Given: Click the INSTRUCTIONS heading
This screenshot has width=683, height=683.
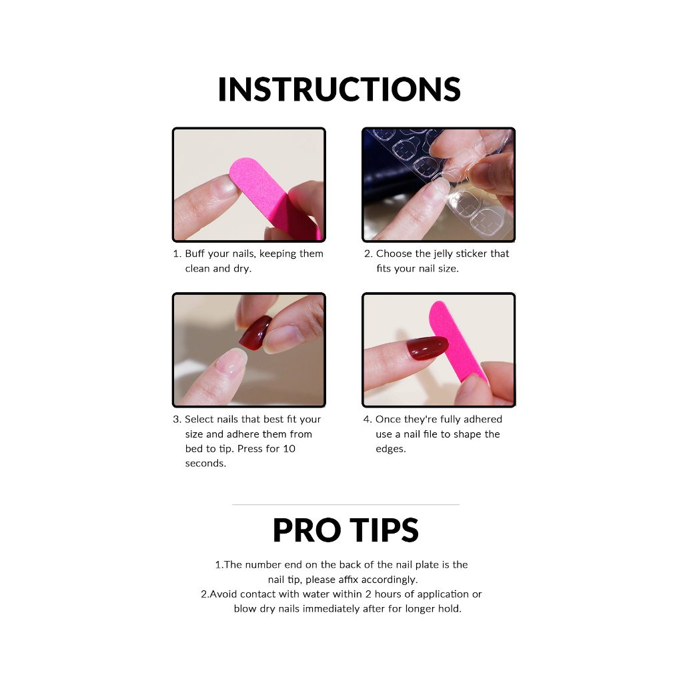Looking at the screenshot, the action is tap(339, 90).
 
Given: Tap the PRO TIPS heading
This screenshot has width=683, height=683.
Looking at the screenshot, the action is tap(346, 530).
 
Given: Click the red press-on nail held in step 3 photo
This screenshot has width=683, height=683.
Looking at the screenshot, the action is tap(255, 333).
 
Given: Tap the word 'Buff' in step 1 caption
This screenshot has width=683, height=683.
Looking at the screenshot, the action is tap(195, 253).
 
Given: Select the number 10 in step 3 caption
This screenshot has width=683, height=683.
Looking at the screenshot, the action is tap(289, 449).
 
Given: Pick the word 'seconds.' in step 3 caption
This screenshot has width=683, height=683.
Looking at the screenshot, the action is tap(205, 464).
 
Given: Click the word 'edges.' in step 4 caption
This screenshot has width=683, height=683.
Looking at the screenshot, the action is tap(391, 449).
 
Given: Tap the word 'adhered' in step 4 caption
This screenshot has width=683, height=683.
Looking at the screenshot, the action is tap(483, 419).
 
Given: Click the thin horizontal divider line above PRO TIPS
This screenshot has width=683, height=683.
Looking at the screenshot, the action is tap(346, 504).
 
